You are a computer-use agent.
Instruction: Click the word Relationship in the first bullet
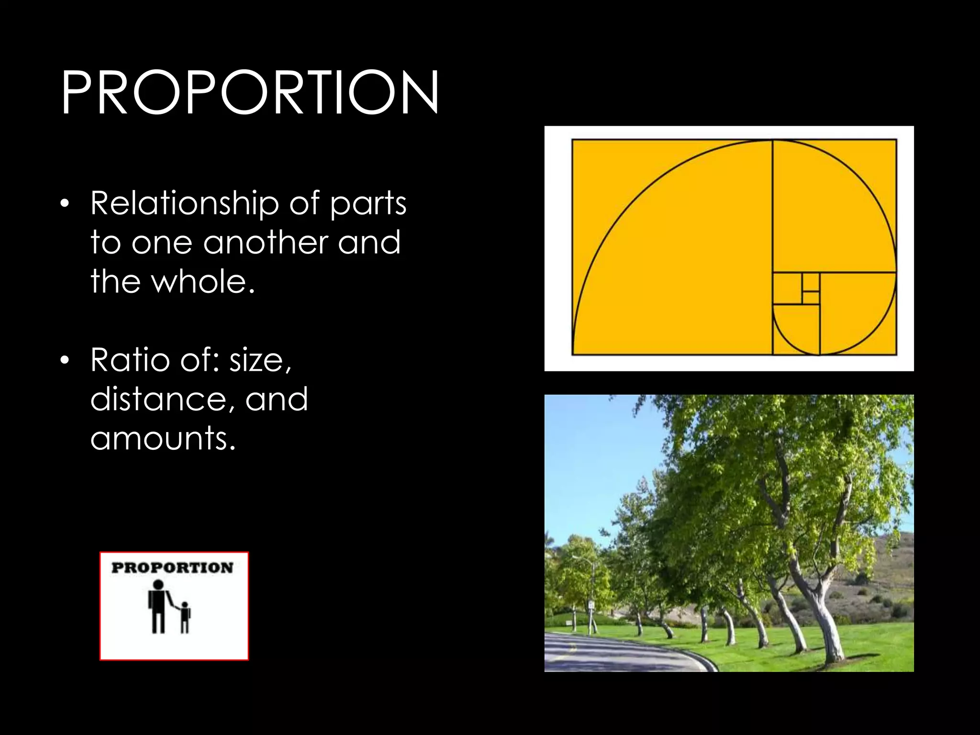pos(185,203)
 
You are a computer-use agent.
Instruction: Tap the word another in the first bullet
pos(265,242)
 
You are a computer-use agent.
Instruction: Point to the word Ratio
pos(130,360)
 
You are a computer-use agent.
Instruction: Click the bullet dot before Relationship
pos(65,204)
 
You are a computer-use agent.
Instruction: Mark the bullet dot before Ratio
pos(65,361)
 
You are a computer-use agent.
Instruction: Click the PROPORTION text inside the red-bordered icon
pos(172,568)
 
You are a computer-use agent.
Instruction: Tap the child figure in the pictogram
pos(185,617)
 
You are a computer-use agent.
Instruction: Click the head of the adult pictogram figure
pos(158,585)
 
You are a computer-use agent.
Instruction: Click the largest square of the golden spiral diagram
pos(672,247)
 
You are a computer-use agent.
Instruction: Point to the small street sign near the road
pos(591,605)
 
